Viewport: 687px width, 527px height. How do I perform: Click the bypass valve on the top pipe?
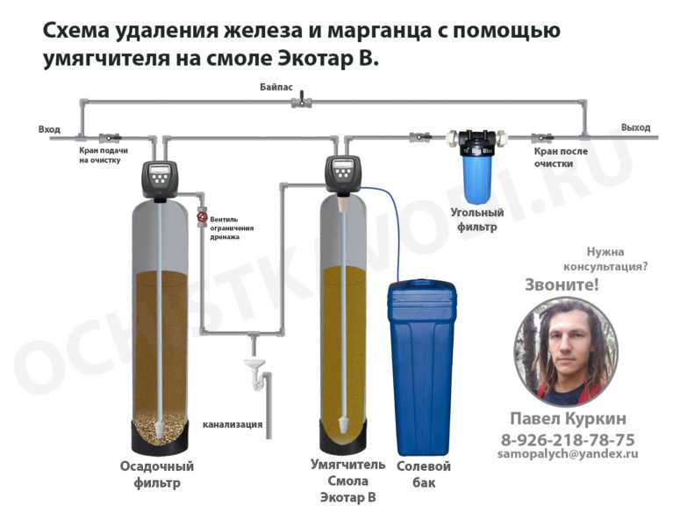point(302,102)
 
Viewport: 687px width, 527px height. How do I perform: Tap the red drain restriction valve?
point(202,217)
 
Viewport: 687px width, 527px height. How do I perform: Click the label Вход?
point(49,129)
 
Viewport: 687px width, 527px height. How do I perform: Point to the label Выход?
point(635,127)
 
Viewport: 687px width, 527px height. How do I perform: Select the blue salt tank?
point(421,368)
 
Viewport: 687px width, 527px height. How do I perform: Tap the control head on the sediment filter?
point(161,180)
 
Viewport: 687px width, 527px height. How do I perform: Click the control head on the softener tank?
point(343,176)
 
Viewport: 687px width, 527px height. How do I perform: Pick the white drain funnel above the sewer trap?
point(254,364)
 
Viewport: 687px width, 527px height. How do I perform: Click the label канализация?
point(233,424)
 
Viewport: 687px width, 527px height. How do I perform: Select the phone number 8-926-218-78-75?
point(568,439)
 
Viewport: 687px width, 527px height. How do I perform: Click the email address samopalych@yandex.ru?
point(568,454)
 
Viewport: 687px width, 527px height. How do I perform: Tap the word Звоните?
point(562,285)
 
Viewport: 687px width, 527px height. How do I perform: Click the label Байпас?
point(276,87)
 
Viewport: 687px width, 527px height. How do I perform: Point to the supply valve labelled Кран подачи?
point(110,138)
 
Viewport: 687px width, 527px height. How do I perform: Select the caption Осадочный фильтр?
point(157,474)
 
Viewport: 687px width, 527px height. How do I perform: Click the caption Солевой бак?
point(424,474)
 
